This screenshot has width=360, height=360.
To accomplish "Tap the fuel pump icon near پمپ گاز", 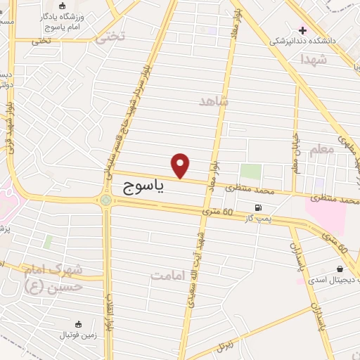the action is [x=259, y=207].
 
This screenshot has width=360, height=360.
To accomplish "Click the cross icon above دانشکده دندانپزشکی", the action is [x=303, y=30].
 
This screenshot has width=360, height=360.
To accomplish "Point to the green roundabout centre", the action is [x=105, y=201].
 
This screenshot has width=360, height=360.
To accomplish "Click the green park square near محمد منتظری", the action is [x=250, y=171].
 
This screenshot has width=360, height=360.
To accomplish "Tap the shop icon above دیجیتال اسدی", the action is [x=340, y=269].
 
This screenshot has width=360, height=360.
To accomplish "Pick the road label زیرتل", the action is [x=226, y=345].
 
